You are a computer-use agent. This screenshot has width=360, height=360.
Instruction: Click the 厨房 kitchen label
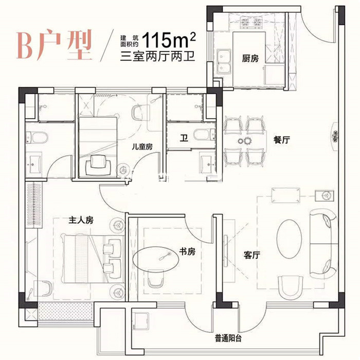250,59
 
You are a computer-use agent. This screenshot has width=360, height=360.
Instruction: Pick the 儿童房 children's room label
141,147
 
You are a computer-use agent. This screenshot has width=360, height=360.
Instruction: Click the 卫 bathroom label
183,138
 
